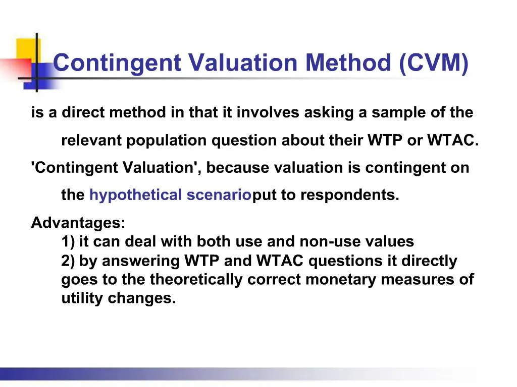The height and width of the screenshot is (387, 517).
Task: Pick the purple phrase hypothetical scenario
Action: [170, 196]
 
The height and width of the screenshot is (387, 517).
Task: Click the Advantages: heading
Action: [78, 223]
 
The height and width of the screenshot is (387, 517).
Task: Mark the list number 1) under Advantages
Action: [68, 242]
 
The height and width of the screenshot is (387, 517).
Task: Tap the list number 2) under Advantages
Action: [68, 261]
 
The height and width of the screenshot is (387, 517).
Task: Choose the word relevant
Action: [91, 141]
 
